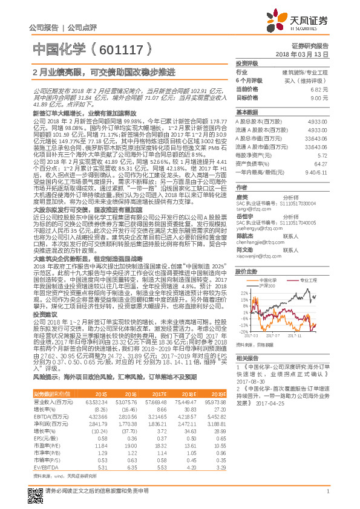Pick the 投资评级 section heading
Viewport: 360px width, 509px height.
[247, 63]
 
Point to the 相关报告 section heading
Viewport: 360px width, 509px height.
[247, 358]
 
